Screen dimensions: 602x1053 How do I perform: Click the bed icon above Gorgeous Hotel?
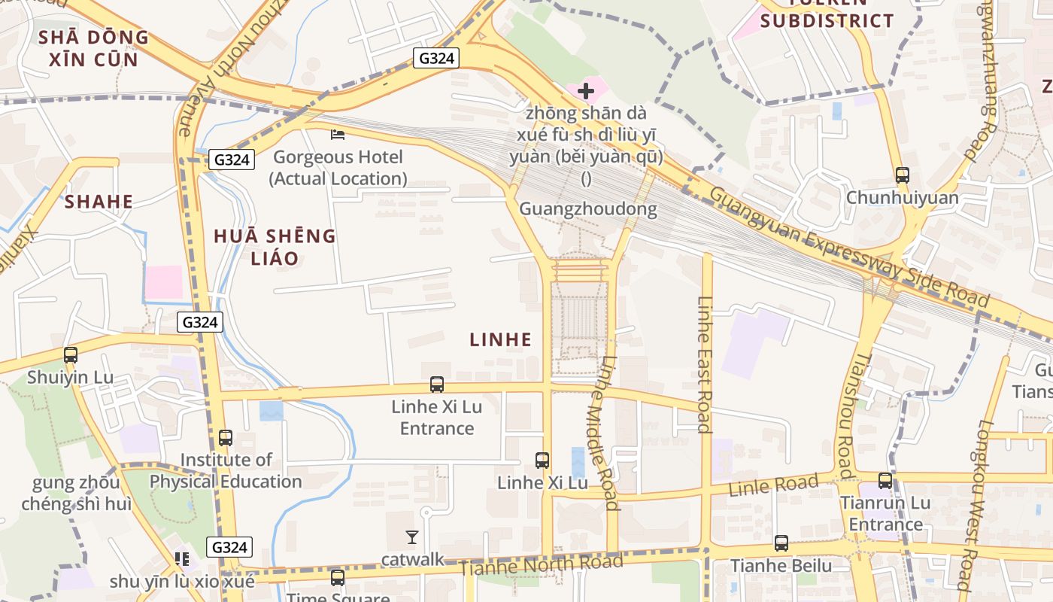(338, 135)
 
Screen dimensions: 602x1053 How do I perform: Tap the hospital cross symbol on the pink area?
(585, 92)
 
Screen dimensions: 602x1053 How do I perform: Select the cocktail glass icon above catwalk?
(412, 537)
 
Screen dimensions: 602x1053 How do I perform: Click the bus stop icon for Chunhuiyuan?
(902, 175)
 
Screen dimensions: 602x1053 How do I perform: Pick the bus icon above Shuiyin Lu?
(70, 355)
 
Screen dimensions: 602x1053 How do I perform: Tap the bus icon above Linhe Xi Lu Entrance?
(436, 385)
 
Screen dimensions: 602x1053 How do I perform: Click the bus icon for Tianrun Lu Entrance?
(885, 481)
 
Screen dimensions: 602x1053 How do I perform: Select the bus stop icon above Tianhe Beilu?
(781, 543)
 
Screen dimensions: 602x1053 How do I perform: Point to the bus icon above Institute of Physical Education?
(225, 438)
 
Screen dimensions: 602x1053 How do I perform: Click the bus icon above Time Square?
(338, 578)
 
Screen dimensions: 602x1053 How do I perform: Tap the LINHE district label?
(500, 340)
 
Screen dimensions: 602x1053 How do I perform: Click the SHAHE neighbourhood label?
(99, 202)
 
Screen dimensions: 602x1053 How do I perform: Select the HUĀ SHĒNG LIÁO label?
(275, 247)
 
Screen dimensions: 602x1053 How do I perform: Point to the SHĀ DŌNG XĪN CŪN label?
(93, 48)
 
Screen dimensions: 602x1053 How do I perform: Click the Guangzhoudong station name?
(587, 209)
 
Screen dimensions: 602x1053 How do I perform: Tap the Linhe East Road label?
(705, 365)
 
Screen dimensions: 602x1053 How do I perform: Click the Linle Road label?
(773, 485)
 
